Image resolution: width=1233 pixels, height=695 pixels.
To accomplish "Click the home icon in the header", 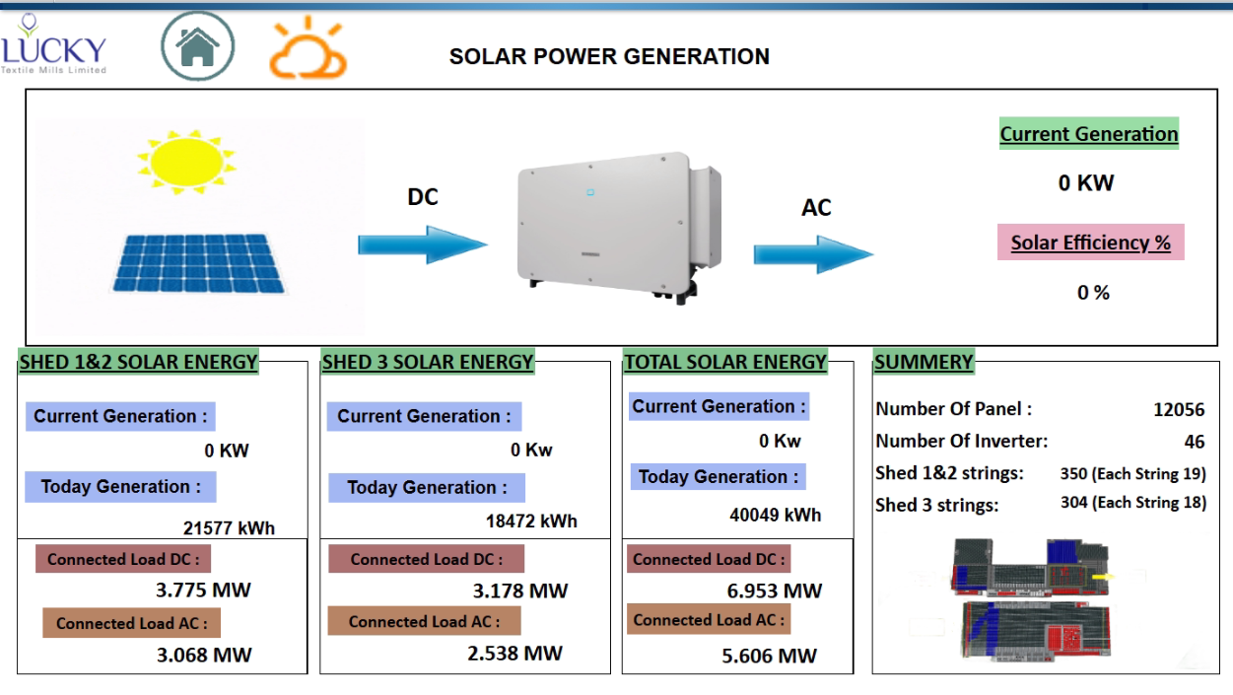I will [198, 45].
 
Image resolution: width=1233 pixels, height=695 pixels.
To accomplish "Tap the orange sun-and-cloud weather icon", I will [308, 48].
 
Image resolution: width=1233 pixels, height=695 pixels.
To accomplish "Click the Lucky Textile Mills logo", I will [53, 45].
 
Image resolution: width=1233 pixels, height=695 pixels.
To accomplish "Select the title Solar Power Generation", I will [609, 57].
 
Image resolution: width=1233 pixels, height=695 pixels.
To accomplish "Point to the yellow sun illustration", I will [186, 161].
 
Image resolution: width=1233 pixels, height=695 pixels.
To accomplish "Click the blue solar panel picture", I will [196, 262].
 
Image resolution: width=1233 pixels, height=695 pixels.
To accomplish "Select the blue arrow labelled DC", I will [423, 243].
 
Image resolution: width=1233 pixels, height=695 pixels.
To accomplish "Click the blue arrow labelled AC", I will [813, 253].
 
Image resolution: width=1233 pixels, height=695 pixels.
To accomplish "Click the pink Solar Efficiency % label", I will [1091, 243].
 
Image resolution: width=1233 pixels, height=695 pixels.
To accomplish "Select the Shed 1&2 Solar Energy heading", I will [138, 363].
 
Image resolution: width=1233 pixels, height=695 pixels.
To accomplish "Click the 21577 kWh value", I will [229, 527].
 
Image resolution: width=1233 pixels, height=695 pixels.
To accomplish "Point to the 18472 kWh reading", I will [531, 521].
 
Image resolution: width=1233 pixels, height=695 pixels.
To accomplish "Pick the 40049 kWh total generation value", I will [775, 515].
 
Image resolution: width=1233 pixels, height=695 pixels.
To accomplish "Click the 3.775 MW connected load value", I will [203, 591].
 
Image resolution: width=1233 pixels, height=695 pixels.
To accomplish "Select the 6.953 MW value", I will [773, 591].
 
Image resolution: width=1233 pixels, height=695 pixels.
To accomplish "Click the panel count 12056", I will [1179, 409].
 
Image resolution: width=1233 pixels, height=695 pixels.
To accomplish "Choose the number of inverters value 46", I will [1195, 442].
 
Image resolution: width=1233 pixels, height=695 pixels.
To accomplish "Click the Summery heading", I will [924, 363].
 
